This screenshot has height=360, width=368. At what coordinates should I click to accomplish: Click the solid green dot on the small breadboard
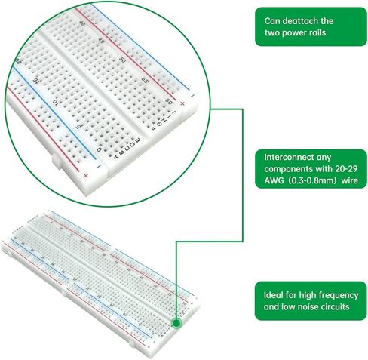point(176,323)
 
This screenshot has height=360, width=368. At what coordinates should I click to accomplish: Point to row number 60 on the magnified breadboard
point(169,100)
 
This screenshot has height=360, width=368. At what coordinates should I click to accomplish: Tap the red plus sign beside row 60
point(183,95)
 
